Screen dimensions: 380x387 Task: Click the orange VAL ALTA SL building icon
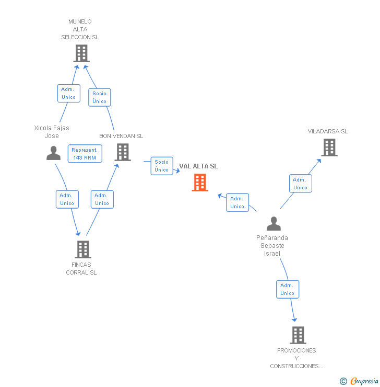pyautogui.click(x=200, y=183)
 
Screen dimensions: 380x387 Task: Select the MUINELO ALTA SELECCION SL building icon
pyautogui.click(x=81, y=53)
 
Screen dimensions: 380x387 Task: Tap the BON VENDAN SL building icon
pyautogui.click(x=123, y=152)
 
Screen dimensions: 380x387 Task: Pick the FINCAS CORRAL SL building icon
pyautogui.click(x=83, y=249)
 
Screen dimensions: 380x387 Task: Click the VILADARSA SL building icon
pyautogui.click(x=329, y=147)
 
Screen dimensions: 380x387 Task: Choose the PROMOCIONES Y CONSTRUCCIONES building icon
pyautogui.click(x=298, y=335)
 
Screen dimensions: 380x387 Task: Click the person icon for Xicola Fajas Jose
pyautogui.click(x=53, y=153)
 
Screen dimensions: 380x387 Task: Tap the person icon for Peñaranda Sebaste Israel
pyautogui.click(x=274, y=224)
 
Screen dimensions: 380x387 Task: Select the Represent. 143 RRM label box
pyautogui.click(x=85, y=154)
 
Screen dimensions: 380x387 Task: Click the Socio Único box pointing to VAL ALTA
pyautogui.click(x=162, y=166)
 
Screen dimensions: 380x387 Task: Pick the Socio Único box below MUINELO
pyautogui.click(x=99, y=97)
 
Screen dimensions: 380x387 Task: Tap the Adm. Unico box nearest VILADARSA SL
pyautogui.click(x=300, y=184)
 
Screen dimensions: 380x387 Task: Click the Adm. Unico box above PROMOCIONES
pyautogui.click(x=287, y=289)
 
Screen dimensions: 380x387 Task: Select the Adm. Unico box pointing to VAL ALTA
pyautogui.click(x=237, y=202)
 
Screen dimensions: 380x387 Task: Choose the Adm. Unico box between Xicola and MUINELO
pyautogui.click(x=68, y=93)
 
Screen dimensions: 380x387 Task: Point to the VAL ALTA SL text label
pyautogui.click(x=198, y=166)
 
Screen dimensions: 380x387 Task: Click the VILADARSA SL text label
pyautogui.click(x=328, y=131)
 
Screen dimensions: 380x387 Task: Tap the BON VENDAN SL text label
pyautogui.click(x=121, y=136)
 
